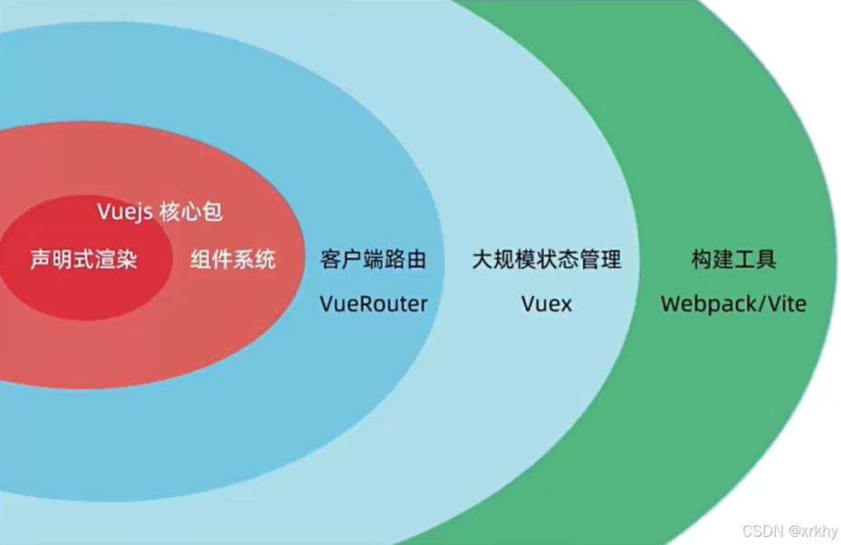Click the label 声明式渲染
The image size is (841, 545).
(x=83, y=261)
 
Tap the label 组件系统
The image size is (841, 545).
(x=233, y=261)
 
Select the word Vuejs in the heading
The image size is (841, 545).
(x=124, y=213)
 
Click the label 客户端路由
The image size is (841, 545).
(x=373, y=261)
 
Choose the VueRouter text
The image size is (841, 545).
(x=373, y=303)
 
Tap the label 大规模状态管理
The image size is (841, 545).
(x=547, y=261)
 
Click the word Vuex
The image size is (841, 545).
(x=547, y=303)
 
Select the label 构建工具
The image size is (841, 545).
(x=733, y=261)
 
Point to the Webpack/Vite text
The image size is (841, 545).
(x=733, y=303)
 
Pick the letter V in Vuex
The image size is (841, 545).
(x=529, y=303)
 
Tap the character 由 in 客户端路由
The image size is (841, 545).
(x=416, y=261)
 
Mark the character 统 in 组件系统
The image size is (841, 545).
(x=265, y=261)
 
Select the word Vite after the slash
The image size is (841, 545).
(x=787, y=303)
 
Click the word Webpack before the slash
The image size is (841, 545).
(x=705, y=303)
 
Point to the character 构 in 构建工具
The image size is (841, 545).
(x=702, y=261)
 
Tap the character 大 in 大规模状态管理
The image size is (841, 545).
(x=483, y=261)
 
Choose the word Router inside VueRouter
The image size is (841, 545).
(x=394, y=303)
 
